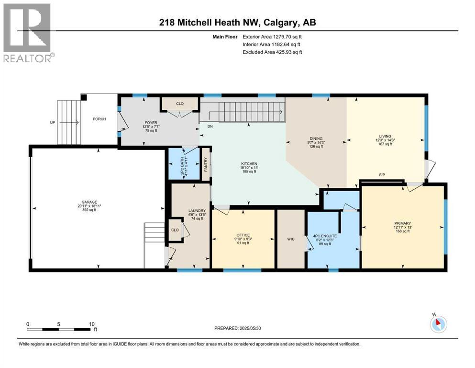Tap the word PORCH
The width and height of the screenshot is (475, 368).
[99, 119]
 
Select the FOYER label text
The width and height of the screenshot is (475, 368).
[151, 123]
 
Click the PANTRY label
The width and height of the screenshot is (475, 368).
[206, 164]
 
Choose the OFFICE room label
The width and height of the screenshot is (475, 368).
[243, 235]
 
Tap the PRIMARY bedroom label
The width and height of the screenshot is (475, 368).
[402, 223]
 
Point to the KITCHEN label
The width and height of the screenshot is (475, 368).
[249, 163]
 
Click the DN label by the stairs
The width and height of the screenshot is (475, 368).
[210, 126]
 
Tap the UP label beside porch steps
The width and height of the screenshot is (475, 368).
[53, 123]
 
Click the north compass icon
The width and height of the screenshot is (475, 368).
[438, 324]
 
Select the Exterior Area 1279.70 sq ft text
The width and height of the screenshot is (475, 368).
[272, 35]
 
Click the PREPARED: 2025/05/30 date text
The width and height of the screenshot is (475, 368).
[238, 328]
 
